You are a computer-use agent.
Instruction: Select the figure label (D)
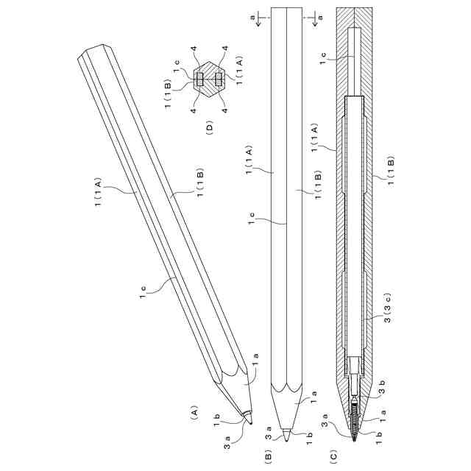[209, 128]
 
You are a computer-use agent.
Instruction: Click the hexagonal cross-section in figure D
[208, 78]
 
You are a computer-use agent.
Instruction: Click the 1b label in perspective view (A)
[217, 420]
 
